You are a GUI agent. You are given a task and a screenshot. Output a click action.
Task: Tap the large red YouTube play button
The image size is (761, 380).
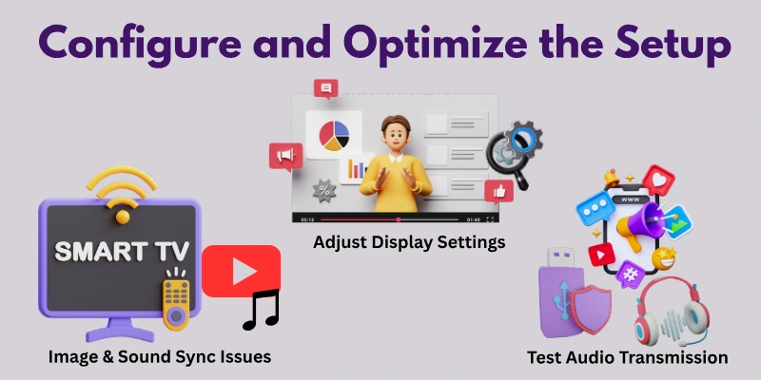241,271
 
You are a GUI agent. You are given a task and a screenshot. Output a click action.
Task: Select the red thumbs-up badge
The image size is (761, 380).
498,191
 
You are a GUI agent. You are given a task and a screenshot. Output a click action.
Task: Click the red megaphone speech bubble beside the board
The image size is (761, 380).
283,156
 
